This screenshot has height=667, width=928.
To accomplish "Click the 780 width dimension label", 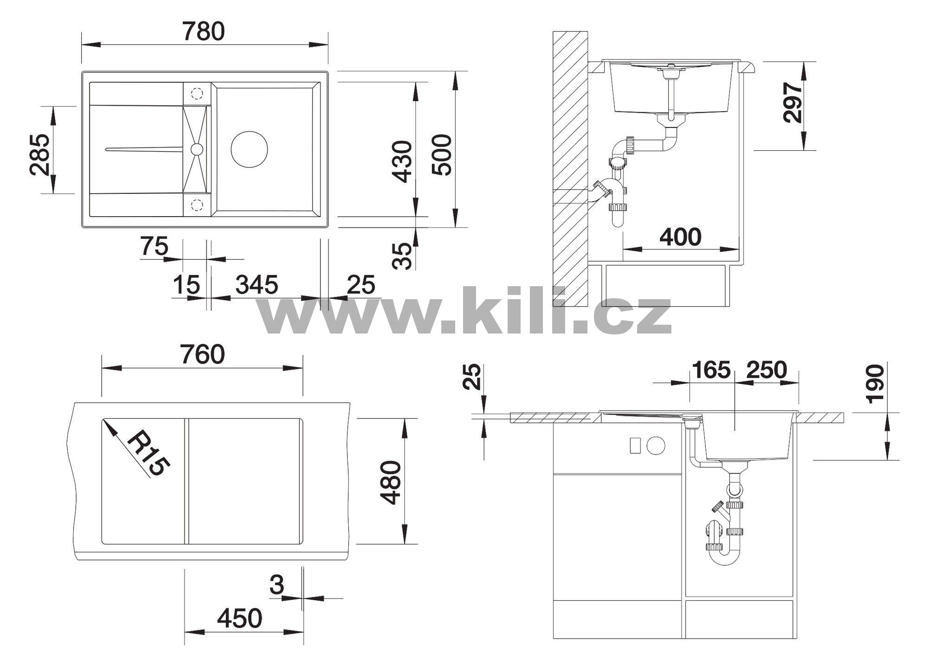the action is pyautogui.click(x=203, y=32).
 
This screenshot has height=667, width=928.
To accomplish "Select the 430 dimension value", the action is pyautogui.click(x=401, y=161).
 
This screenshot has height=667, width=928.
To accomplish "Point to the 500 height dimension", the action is pyautogui.click(x=441, y=154).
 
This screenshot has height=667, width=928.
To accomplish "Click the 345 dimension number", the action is pyautogui.click(x=257, y=284).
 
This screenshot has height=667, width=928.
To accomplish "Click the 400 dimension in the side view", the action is pyautogui.click(x=680, y=237).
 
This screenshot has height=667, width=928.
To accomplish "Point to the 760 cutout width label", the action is pyautogui.click(x=203, y=354).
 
